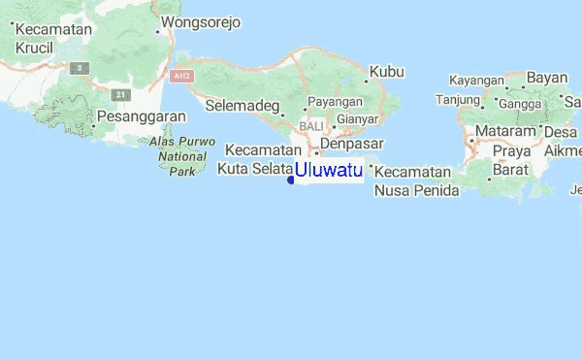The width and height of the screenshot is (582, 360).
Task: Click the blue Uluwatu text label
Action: [x=329, y=172]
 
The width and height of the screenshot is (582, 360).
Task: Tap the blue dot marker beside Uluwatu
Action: [x=292, y=179]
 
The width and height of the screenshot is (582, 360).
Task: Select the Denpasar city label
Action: [x=352, y=144]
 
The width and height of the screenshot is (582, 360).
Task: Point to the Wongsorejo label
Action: [x=201, y=21]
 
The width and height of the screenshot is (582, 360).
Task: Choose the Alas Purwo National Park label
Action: [x=176, y=156]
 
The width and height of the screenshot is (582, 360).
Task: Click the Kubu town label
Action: [x=386, y=71]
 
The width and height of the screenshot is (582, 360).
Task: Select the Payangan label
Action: [x=335, y=102]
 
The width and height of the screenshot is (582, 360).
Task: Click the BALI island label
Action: [x=312, y=126]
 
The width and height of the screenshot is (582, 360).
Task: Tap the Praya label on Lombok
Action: [x=511, y=151]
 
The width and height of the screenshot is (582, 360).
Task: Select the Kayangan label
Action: [x=476, y=80]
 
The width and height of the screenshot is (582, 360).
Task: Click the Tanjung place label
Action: [x=458, y=99]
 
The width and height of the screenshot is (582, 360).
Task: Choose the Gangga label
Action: [x=521, y=103]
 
